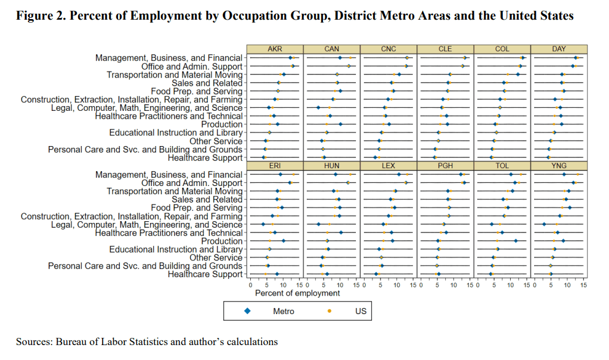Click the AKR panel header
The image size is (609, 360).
point(275,49)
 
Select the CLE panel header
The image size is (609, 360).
point(445,49)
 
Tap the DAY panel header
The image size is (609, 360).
point(559,49)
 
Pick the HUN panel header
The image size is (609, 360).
point(332,165)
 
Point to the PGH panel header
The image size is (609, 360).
point(445,165)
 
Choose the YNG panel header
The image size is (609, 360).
point(559,165)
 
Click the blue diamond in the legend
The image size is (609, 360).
point(247,311)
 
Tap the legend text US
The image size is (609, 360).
point(361,311)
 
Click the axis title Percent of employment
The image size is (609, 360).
point(297,293)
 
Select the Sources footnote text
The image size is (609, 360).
point(147,342)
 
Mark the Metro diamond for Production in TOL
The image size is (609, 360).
point(516,241)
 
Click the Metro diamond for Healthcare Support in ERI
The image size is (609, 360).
point(276,274)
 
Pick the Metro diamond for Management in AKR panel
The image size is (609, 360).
point(291,58)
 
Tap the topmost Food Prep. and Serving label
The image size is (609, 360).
point(197,91)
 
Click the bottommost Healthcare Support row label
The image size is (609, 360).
point(205,274)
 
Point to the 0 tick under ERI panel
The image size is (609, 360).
point(250,285)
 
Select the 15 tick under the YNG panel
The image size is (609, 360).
point(583,285)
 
